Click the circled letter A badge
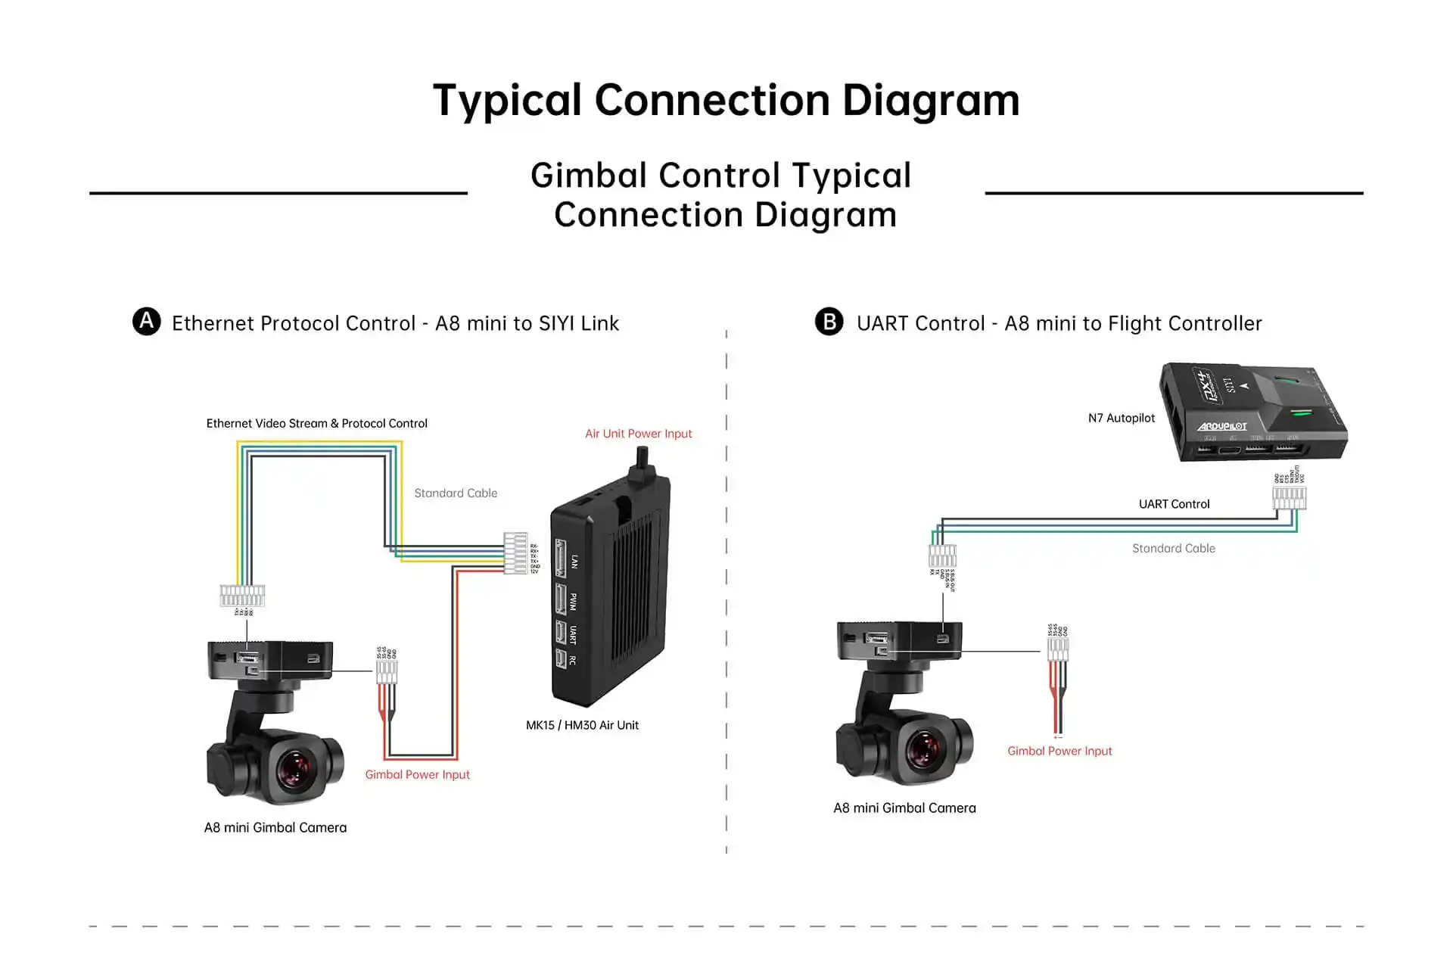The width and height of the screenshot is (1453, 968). point(146,322)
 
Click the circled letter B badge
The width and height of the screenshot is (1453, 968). point(829,322)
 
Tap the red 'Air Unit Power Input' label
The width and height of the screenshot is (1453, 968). point(638,434)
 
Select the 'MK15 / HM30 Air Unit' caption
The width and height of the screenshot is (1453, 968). point(582,725)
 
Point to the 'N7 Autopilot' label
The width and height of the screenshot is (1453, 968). point(1121,418)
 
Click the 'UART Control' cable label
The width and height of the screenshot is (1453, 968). point(1174,504)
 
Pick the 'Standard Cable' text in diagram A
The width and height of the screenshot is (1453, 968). point(456,493)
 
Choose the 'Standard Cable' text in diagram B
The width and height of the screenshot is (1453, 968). point(1173,549)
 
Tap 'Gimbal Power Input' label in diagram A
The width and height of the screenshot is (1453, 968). point(417,774)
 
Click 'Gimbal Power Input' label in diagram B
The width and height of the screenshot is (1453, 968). point(1059,751)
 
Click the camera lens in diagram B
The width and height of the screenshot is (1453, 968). point(924,749)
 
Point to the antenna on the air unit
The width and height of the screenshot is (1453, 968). point(642,461)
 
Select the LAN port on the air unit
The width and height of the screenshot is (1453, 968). point(562,560)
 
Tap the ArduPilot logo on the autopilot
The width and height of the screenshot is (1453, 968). point(1221,427)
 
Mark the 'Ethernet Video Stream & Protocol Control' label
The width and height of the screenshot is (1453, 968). point(316,424)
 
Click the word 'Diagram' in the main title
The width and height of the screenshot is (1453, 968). point(931,101)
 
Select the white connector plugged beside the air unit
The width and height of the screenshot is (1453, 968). point(515,553)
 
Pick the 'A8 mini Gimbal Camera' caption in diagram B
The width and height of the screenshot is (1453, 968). point(904,808)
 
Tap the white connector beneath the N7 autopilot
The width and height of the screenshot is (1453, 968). point(1289,497)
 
